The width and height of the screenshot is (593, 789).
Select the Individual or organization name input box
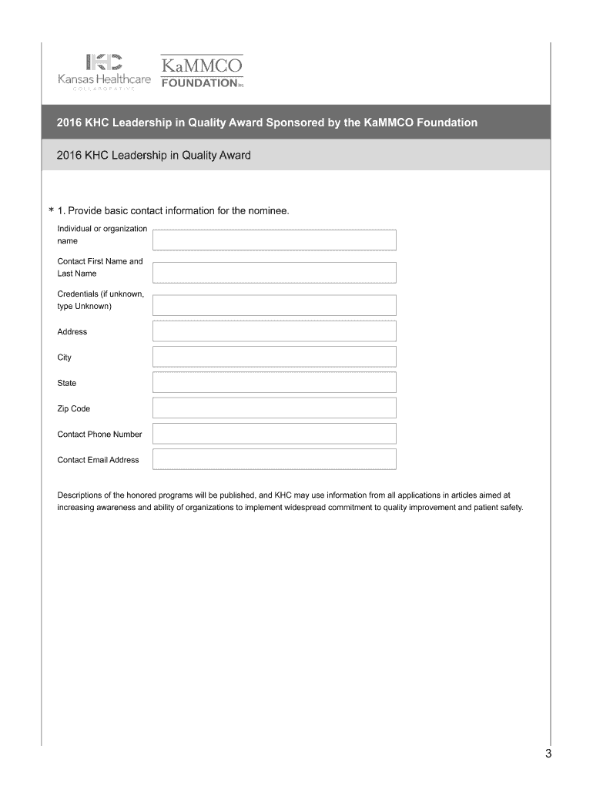[x=274, y=240]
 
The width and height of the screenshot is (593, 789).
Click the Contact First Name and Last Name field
[x=274, y=273]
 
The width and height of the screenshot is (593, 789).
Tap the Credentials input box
[x=274, y=305]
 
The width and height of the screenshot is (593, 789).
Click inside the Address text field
[x=274, y=331]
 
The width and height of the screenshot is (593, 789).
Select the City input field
[x=274, y=357]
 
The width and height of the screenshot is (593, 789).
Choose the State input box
[x=274, y=383]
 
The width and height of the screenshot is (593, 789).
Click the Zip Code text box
[x=274, y=408]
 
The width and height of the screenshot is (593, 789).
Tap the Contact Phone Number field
[x=274, y=434]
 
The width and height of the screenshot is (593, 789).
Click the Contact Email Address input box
[x=274, y=459]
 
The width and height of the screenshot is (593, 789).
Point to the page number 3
[x=548, y=754]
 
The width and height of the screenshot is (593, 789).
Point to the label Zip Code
[x=74, y=408]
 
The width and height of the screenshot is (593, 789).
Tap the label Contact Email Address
[x=98, y=460]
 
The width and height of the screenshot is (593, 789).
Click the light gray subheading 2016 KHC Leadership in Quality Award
[x=154, y=156]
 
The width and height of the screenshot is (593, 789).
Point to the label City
[x=65, y=358]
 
